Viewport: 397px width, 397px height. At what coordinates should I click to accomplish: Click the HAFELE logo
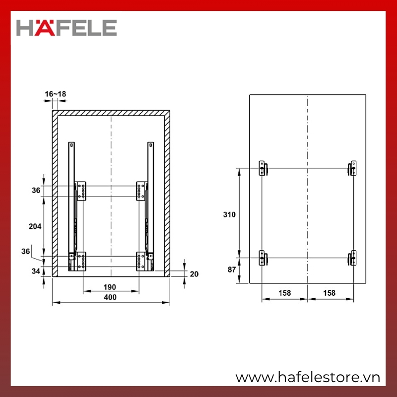pos(66,28)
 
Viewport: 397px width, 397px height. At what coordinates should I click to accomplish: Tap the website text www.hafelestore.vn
pos(308,378)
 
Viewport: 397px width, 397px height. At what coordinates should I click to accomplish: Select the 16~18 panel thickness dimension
pos(56,94)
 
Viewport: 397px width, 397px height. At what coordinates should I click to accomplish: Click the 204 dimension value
pos(35,226)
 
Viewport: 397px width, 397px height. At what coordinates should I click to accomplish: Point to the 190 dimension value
pos(110,287)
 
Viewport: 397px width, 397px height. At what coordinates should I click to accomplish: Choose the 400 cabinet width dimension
pos(110,297)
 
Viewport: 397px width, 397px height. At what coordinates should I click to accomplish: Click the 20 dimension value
pos(194,274)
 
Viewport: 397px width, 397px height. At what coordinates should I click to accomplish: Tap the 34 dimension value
pos(36,271)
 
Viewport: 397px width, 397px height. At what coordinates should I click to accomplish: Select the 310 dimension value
pos(229,214)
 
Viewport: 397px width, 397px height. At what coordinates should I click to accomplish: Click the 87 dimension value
pos(232,269)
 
